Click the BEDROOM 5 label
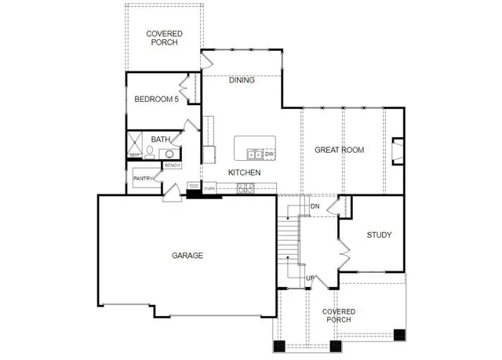(x=157, y=99)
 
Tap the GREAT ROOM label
(x=340, y=149)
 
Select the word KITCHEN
(x=244, y=173)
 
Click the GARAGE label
(x=187, y=256)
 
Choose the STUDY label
(x=379, y=235)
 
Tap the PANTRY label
(x=143, y=179)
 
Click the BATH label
(x=161, y=140)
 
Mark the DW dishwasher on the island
(x=269, y=154)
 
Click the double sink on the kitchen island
(x=253, y=154)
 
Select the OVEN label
(x=209, y=189)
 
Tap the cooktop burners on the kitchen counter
(x=246, y=187)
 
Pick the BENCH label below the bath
(x=172, y=165)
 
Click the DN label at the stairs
(x=315, y=206)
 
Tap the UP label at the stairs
(x=310, y=278)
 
